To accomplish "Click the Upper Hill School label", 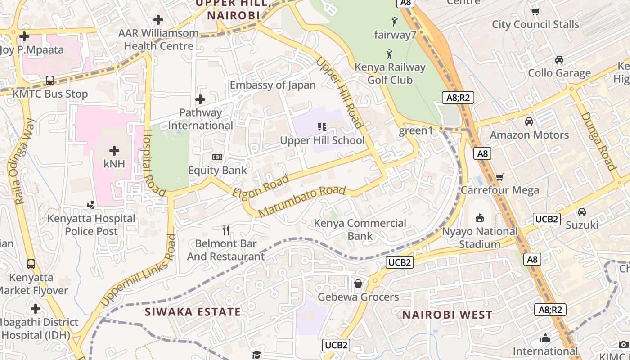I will coord(322,140).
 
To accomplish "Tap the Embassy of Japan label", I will coord(273,85).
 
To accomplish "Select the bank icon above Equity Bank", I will coord(217,157).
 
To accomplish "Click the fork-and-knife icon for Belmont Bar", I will coord(226,230).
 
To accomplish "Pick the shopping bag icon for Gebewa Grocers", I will coord(358,283).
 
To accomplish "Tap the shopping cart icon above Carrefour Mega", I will coord(499,177).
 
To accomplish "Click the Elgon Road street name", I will coord(261,186).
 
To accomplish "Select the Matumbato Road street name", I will coord(302,200).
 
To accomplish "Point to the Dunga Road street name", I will coord(598,141).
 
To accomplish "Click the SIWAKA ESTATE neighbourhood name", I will coord(193,312).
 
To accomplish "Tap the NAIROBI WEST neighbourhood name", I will coord(447,315).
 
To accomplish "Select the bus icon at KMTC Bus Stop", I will coord(50,81).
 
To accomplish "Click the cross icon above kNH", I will coord(114,150).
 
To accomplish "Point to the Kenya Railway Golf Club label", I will coord(390,74).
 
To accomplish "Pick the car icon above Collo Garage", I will coord(559,60).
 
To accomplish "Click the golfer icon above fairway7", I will coord(395,21).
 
